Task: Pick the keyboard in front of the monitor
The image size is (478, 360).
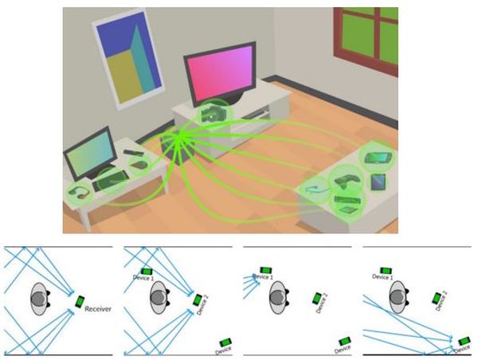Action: click(x=111, y=182)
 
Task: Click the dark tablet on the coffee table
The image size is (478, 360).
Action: click(x=378, y=182)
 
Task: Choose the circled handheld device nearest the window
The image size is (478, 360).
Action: click(x=376, y=157)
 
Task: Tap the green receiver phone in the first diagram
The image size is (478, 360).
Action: click(x=79, y=302)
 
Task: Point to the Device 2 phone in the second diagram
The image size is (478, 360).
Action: click(x=198, y=299)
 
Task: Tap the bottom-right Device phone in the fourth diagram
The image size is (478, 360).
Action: click(x=464, y=340)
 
